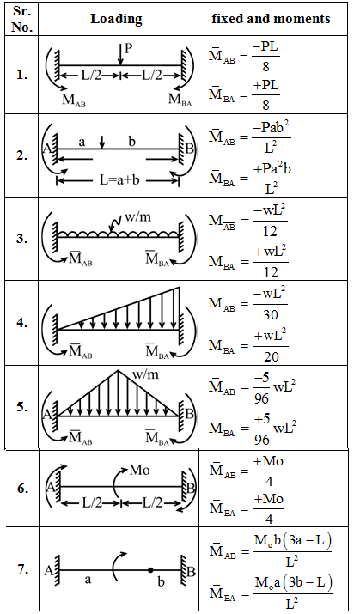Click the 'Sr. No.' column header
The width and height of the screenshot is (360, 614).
click(22, 18)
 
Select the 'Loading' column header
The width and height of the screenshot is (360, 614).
click(116, 19)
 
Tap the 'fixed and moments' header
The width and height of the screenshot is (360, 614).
click(272, 18)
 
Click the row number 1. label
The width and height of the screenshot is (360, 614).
click(22, 76)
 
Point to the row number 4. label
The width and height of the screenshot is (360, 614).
click(22, 324)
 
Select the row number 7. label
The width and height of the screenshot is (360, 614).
click(22, 569)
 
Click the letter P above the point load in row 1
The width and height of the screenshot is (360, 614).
click(128, 48)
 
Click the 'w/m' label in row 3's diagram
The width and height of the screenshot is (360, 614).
click(137, 216)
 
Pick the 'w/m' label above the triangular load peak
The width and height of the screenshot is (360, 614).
click(145, 374)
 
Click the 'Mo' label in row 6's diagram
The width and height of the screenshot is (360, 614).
click(139, 469)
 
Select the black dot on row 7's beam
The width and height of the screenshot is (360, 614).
click(150, 570)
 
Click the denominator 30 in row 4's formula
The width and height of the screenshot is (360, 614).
click(271, 314)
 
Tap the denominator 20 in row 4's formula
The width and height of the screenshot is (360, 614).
click(271, 356)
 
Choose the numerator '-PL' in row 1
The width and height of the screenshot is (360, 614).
click(265, 48)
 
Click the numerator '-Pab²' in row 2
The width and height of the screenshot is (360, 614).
click(272, 130)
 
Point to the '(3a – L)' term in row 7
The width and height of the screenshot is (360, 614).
click(309, 541)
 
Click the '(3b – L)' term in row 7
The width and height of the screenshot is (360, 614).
click(310, 583)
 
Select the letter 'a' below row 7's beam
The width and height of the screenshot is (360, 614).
click(88, 579)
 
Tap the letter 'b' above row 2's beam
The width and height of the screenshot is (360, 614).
click(131, 141)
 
